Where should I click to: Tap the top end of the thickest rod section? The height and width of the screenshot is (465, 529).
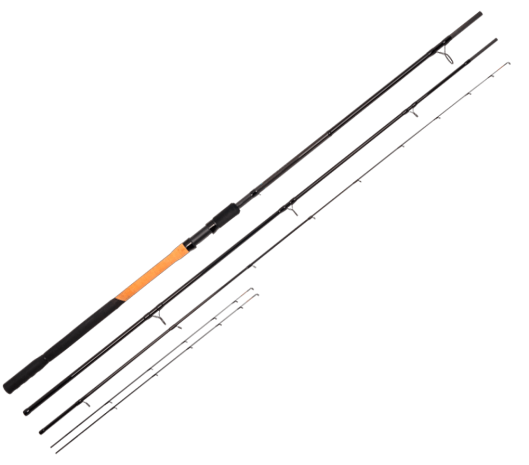pos(481,12)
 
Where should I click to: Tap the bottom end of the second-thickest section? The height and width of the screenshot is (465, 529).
pos(25,412)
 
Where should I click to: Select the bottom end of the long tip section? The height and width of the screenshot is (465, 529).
pos(41,432)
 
